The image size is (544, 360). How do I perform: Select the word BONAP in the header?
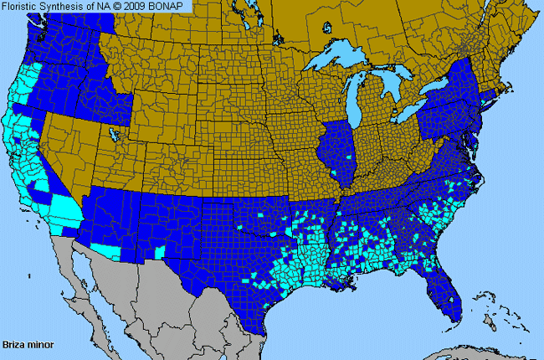[171, 7]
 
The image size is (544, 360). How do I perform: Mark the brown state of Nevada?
[71, 147]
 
